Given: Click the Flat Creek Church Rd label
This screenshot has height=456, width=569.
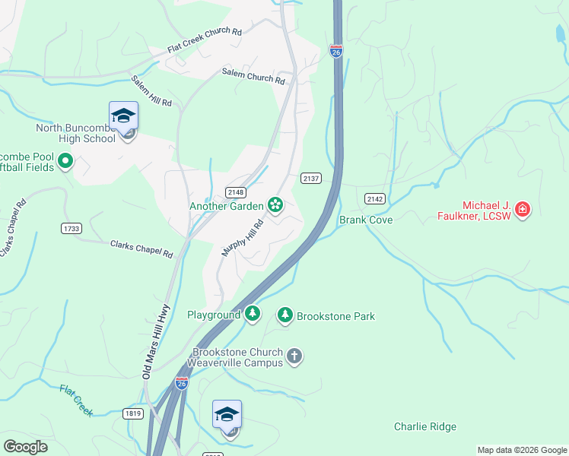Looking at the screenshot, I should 205,43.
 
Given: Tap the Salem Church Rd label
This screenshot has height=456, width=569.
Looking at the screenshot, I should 253,75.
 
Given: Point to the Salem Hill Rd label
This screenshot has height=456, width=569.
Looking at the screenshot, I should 151,92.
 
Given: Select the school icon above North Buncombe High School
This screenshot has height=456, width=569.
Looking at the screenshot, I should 123,117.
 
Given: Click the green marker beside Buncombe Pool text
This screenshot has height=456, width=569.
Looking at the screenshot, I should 65,160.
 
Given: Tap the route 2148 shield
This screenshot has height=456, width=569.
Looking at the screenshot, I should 234,192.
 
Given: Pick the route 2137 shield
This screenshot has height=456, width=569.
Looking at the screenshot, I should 311,179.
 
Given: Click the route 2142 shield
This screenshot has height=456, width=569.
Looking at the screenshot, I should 374,198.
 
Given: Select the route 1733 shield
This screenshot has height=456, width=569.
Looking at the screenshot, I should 71,227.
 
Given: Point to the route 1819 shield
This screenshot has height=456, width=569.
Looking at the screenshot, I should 133,413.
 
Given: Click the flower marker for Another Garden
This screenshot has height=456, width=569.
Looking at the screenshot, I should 275,204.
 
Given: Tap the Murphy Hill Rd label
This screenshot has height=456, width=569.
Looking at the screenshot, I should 242,238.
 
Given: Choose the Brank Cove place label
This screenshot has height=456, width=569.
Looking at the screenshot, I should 365,220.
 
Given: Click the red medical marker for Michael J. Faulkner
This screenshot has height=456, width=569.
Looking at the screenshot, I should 522,210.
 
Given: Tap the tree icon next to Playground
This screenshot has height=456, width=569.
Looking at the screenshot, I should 253,314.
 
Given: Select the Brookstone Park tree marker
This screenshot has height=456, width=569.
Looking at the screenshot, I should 285,315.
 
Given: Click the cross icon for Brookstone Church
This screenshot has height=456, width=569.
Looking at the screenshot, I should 295,356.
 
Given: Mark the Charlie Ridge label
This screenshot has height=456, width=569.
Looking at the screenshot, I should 424,426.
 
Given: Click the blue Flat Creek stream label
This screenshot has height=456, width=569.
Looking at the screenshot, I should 76,400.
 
